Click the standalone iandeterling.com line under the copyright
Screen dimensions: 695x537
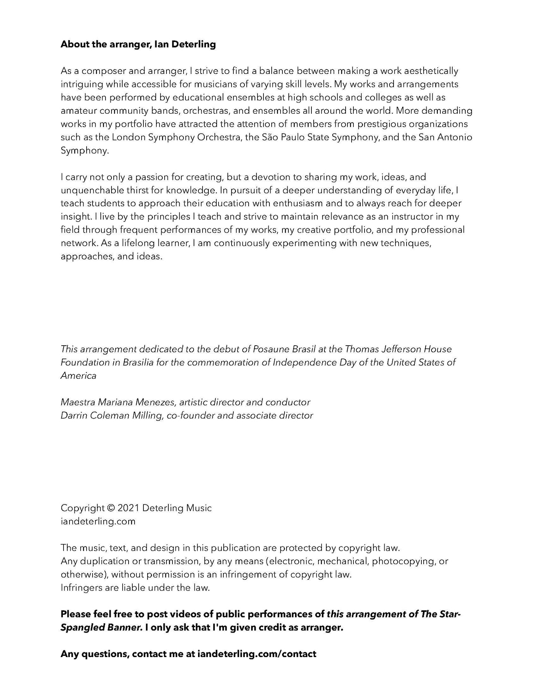pos(98,521)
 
